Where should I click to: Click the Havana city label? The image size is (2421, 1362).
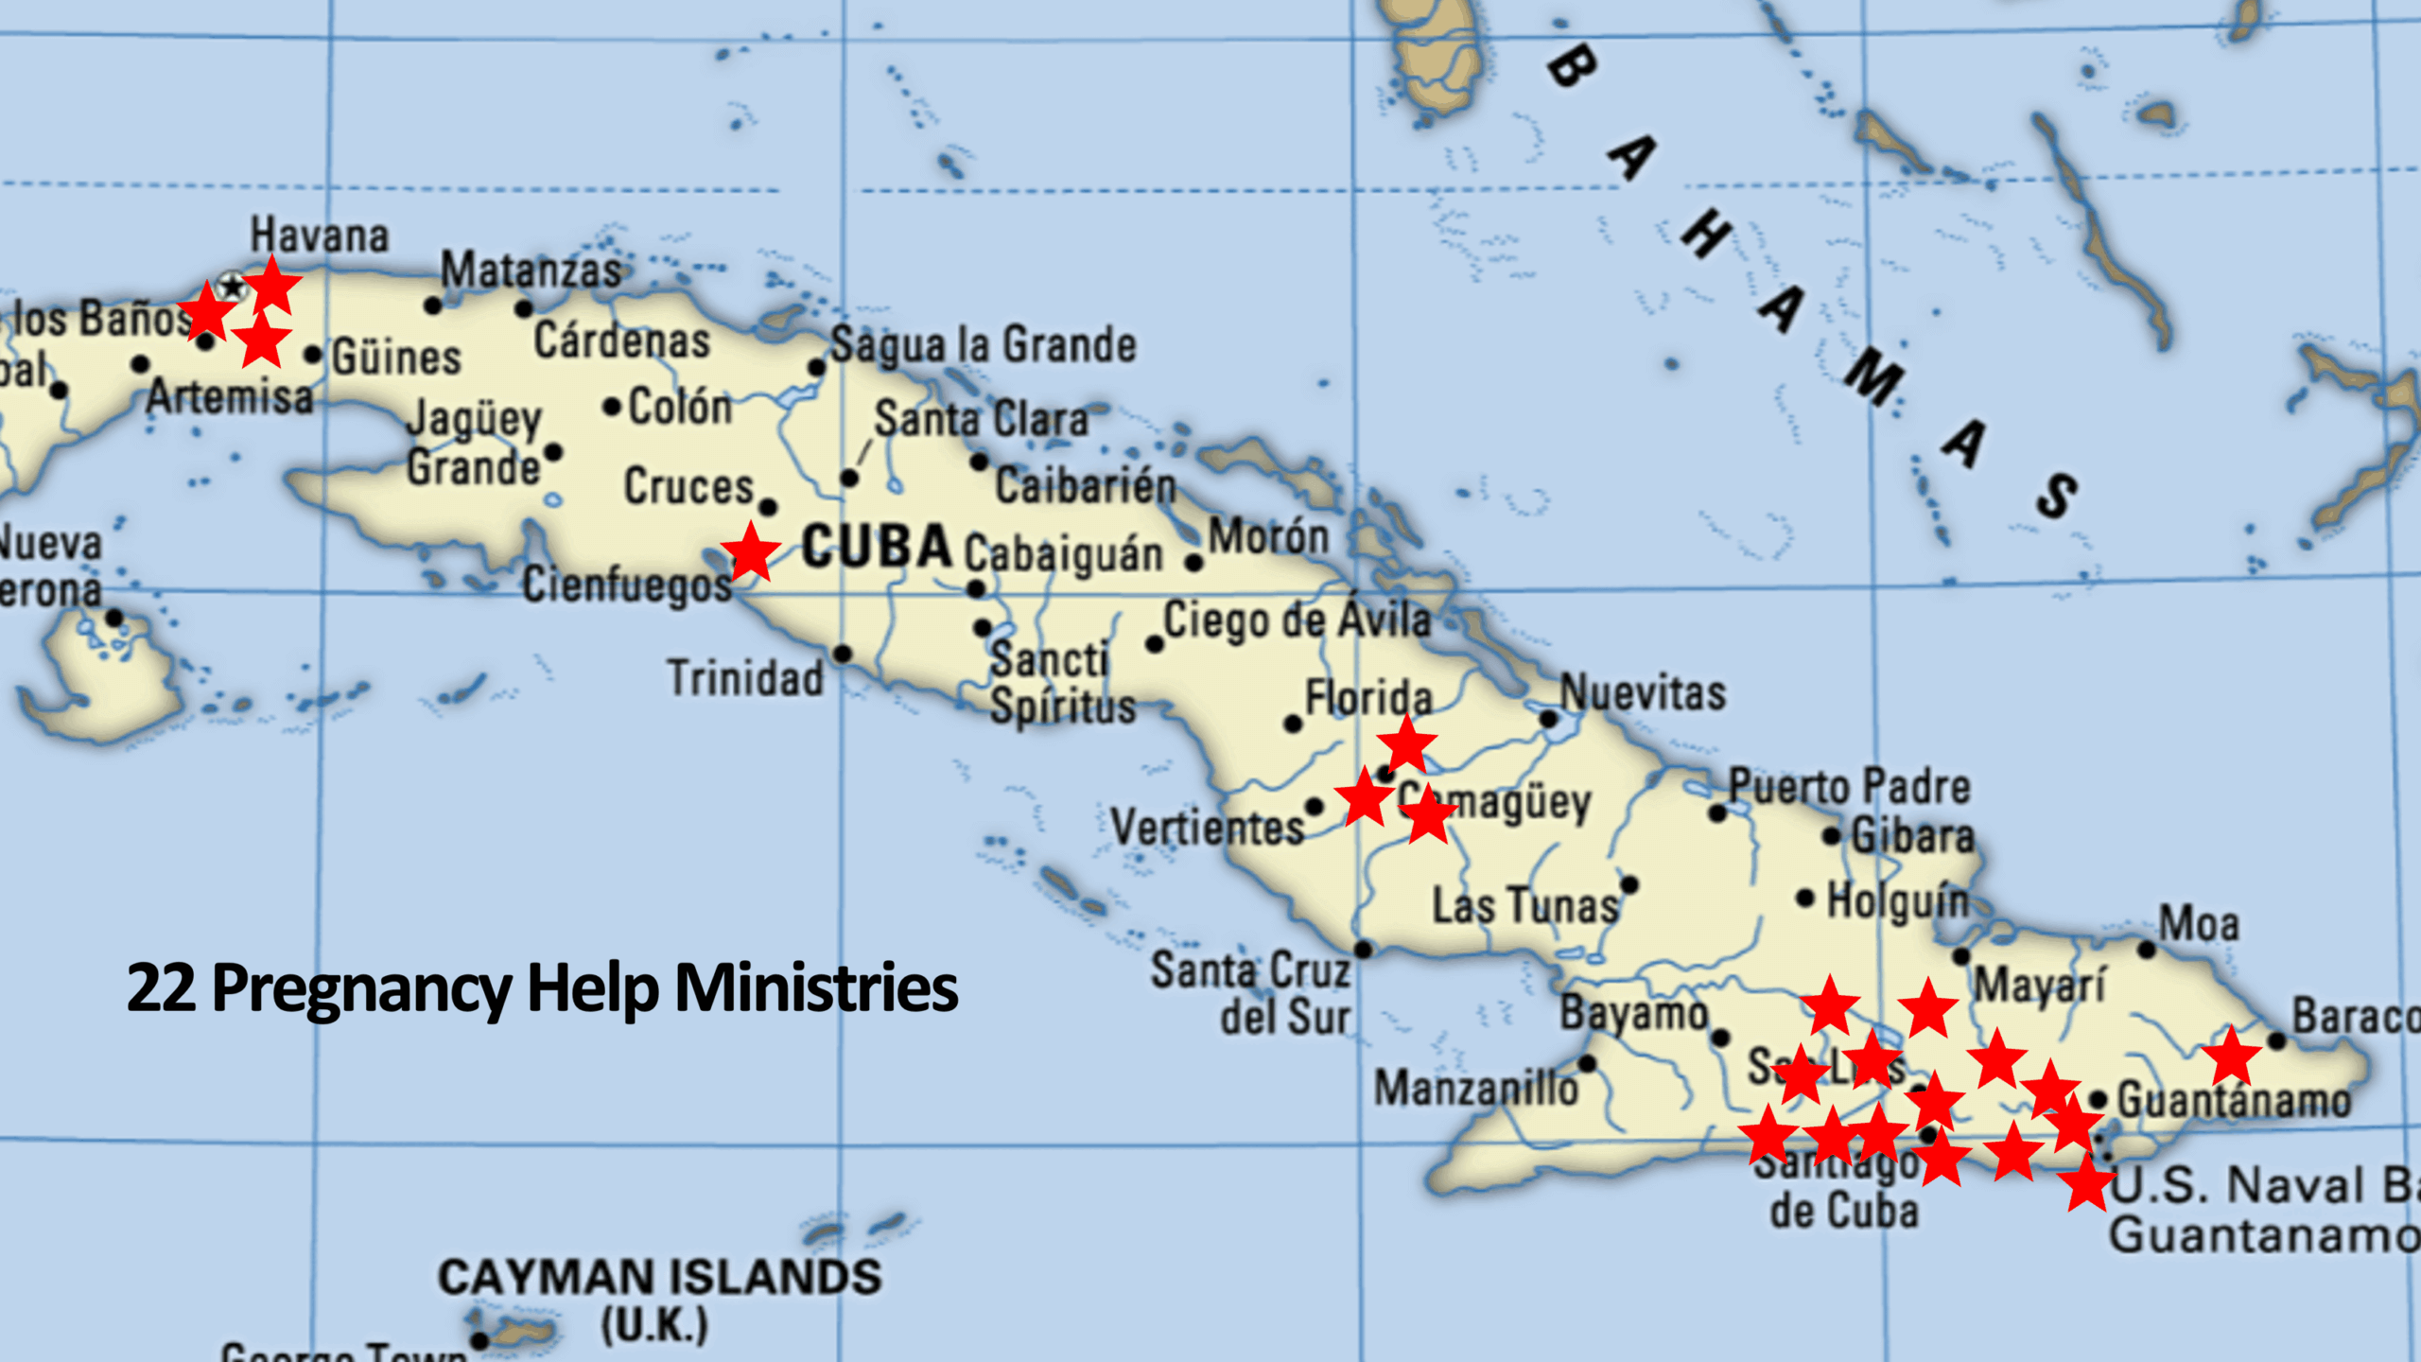tap(320, 236)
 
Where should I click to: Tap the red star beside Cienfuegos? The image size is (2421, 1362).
tap(751, 551)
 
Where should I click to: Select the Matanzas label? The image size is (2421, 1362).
tap(531, 271)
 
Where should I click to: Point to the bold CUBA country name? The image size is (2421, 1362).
tap(876, 548)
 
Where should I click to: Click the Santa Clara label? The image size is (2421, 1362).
tap(982, 419)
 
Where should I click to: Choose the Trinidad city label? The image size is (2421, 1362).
tap(745, 678)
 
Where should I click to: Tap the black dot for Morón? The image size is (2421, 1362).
tap(1194, 564)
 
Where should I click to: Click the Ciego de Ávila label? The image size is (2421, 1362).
tap(1297, 620)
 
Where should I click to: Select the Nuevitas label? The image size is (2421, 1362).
tap(1643, 692)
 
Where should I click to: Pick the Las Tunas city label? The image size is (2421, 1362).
tap(1524, 906)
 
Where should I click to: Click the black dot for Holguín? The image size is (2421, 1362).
tap(1805, 898)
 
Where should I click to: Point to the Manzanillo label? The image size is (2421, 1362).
tap(1475, 1088)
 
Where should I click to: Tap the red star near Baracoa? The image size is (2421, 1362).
tap(2231, 1056)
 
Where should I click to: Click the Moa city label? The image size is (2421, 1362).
tap(2199, 924)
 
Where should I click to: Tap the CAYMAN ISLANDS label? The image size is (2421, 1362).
tap(659, 1278)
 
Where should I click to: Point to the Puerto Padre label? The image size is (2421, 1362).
tap(1849, 787)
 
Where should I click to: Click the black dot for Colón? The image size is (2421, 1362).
tap(612, 408)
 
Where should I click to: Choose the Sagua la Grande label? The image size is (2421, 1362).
tap(984, 345)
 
